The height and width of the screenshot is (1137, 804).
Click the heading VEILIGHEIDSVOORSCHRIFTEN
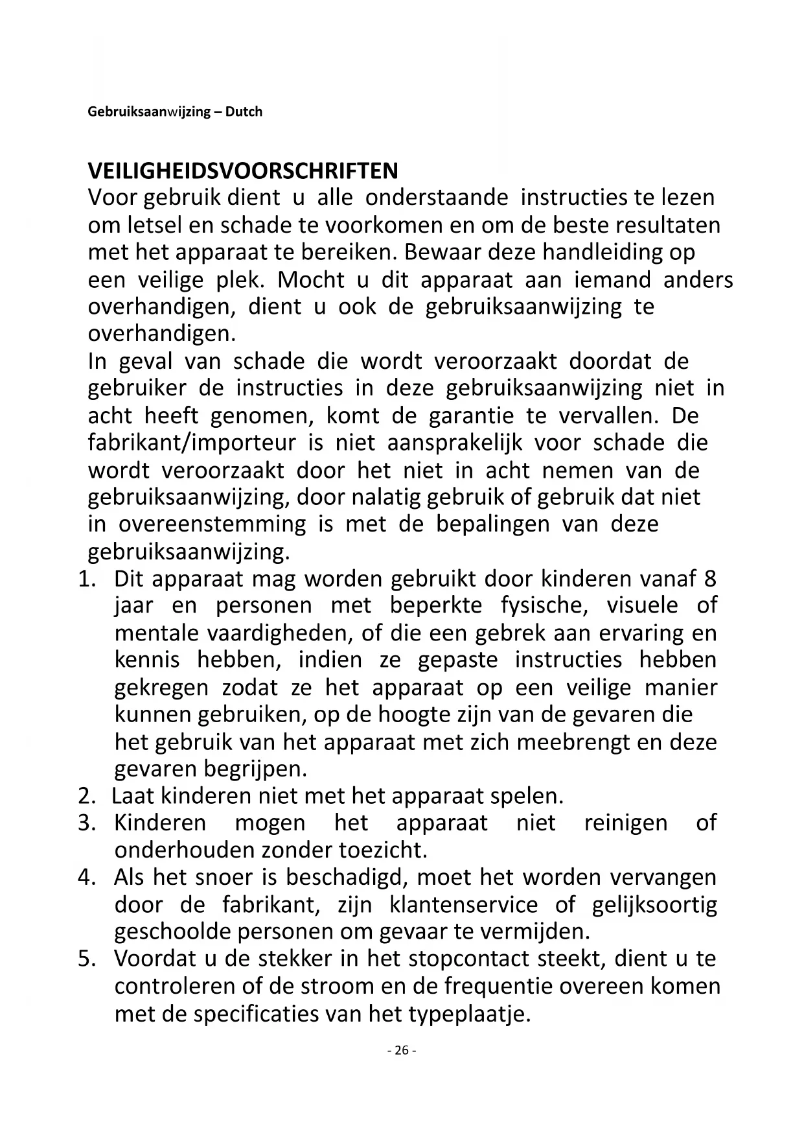(243, 171)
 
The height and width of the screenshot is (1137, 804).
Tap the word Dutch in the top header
(244, 111)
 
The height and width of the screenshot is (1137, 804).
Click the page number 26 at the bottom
(402, 1051)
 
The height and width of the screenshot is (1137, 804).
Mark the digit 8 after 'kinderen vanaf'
(709, 578)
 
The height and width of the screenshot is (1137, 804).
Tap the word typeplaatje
(469, 1013)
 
